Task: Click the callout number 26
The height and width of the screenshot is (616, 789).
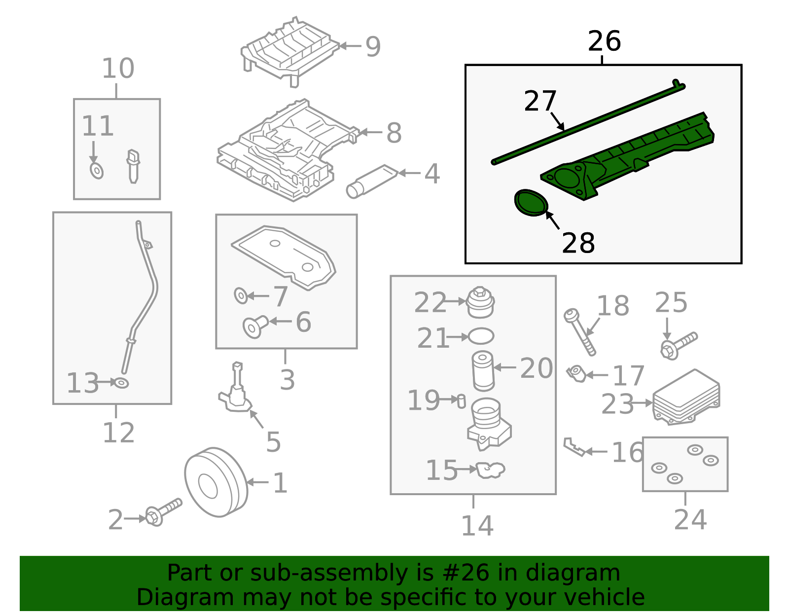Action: [x=604, y=41]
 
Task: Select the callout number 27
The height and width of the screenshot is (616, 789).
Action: [x=540, y=101]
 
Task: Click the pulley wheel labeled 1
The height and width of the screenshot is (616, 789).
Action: [x=215, y=482]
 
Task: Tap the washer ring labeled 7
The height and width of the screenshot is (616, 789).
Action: [x=241, y=296]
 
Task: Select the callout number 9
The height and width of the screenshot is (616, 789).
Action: [x=373, y=47]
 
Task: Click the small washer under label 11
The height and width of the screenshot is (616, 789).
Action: [x=97, y=171]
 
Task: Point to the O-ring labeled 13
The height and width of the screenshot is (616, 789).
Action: [x=121, y=382]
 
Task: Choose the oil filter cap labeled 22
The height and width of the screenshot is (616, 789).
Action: [x=480, y=302]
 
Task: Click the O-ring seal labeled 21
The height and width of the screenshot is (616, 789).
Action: [x=481, y=336]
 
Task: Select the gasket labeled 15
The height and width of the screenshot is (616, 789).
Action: [x=490, y=470]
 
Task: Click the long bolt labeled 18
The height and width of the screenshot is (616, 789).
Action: [x=580, y=331]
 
